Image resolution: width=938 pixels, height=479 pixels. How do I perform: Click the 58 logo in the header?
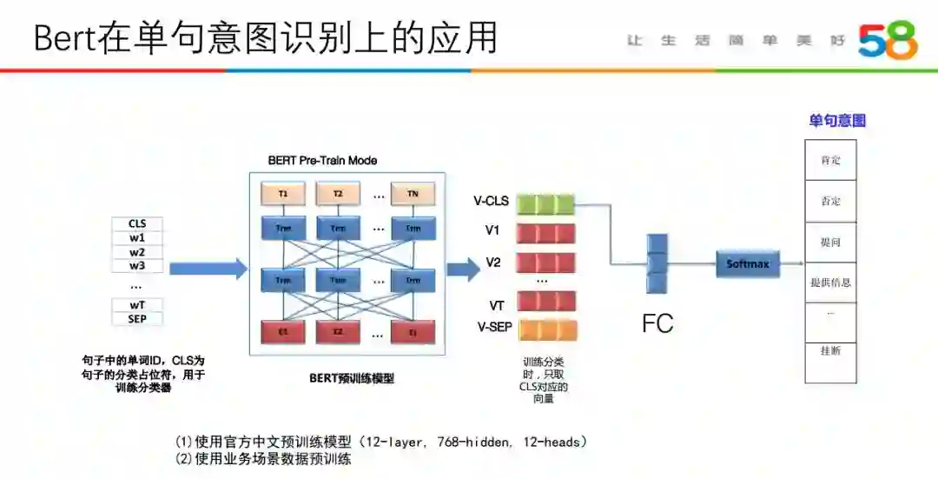tap(888, 40)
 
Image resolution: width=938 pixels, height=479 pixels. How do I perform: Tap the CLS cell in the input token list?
tap(137, 223)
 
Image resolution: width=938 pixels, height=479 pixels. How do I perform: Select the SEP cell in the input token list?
tap(137, 318)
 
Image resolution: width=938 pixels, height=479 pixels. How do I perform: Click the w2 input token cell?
tap(137, 252)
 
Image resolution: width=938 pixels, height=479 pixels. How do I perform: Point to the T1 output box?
tap(283, 194)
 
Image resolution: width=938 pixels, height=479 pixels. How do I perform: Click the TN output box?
tap(413, 194)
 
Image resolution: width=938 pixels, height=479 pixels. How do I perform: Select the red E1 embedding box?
tap(283, 332)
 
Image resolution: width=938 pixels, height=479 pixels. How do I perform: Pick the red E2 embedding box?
tap(338, 332)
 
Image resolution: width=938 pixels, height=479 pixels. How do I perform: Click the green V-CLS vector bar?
tap(546, 204)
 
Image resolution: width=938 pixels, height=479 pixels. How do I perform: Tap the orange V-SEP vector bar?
tap(546, 330)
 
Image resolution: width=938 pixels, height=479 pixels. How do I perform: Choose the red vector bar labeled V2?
tap(546, 261)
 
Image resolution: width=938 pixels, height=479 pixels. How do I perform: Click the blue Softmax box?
tap(748, 263)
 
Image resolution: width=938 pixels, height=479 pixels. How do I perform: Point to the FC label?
tap(657, 324)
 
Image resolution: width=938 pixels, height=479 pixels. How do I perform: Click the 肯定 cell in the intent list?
tap(830, 161)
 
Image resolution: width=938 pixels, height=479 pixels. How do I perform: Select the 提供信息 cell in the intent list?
tap(830, 283)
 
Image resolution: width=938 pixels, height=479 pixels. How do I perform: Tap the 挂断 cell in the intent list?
tap(830, 350)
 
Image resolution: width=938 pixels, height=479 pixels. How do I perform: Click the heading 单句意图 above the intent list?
tap(837, 121)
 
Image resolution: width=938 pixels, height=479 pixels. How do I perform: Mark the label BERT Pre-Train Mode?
tap(322, 161)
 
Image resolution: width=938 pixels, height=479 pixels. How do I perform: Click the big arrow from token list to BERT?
tap(208, 269)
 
